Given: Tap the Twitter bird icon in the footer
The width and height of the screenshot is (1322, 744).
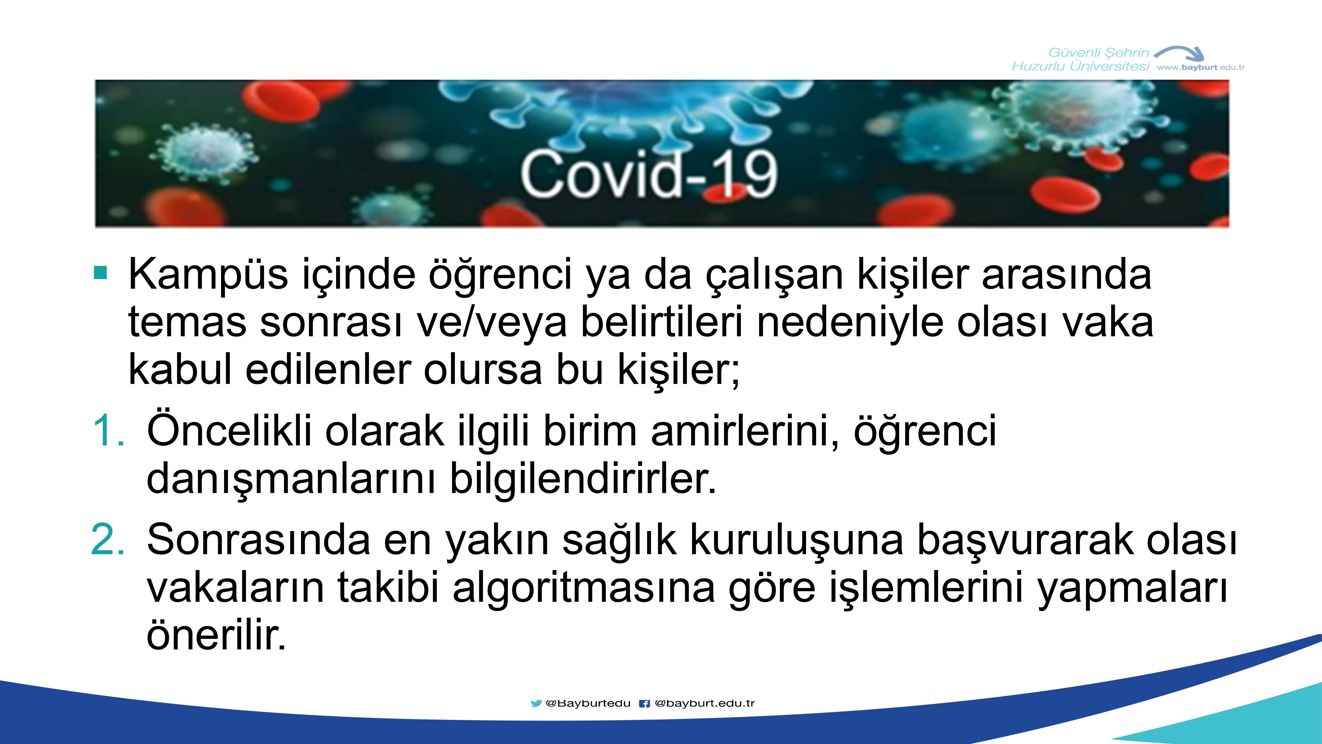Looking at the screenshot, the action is coord(536,703).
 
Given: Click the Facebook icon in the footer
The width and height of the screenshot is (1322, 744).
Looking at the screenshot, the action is coord(644,703).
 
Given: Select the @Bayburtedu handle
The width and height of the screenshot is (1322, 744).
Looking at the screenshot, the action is coord(588,703).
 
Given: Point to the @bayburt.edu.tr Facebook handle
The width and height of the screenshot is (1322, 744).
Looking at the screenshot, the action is coord(705,703).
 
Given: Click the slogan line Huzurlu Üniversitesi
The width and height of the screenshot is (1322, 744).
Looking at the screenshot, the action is coord(1081,66).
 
